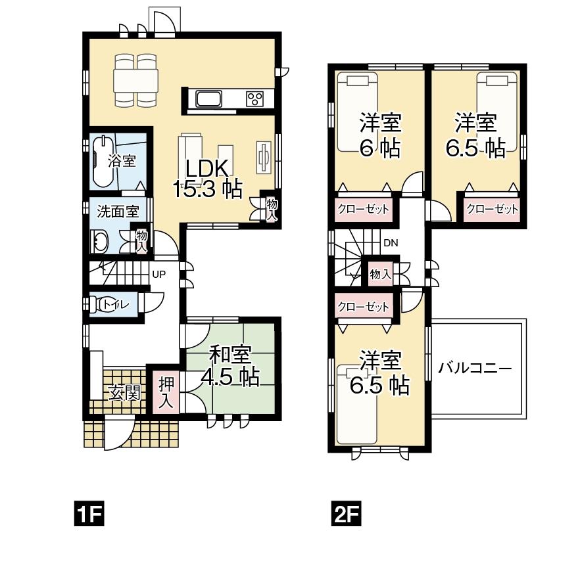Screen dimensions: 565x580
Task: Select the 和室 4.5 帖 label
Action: coord(230,366)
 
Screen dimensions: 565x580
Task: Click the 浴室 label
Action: coord(122,160)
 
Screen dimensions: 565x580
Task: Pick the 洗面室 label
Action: coord(118,211)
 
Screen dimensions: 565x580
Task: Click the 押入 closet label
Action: coord(165,392)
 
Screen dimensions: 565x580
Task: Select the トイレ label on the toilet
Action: coord(116,304)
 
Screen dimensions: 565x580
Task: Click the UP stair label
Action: coord(158,275)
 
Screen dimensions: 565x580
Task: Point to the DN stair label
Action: coord(391,243)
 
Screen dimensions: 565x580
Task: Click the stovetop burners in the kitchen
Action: coord(254,99)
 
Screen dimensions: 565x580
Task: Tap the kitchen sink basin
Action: coord(209,100)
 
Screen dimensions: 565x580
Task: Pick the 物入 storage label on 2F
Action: coord(380,274)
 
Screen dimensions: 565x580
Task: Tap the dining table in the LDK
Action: coord(136,81)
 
